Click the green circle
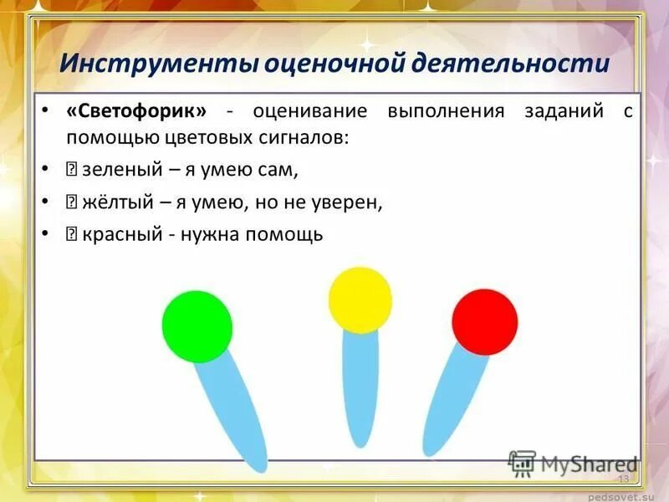tap(197, 325)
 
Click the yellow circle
tap(360, 300)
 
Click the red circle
tap(485, 321)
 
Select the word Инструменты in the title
tap(158, 64)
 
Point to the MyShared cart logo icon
tap(522, 463)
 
